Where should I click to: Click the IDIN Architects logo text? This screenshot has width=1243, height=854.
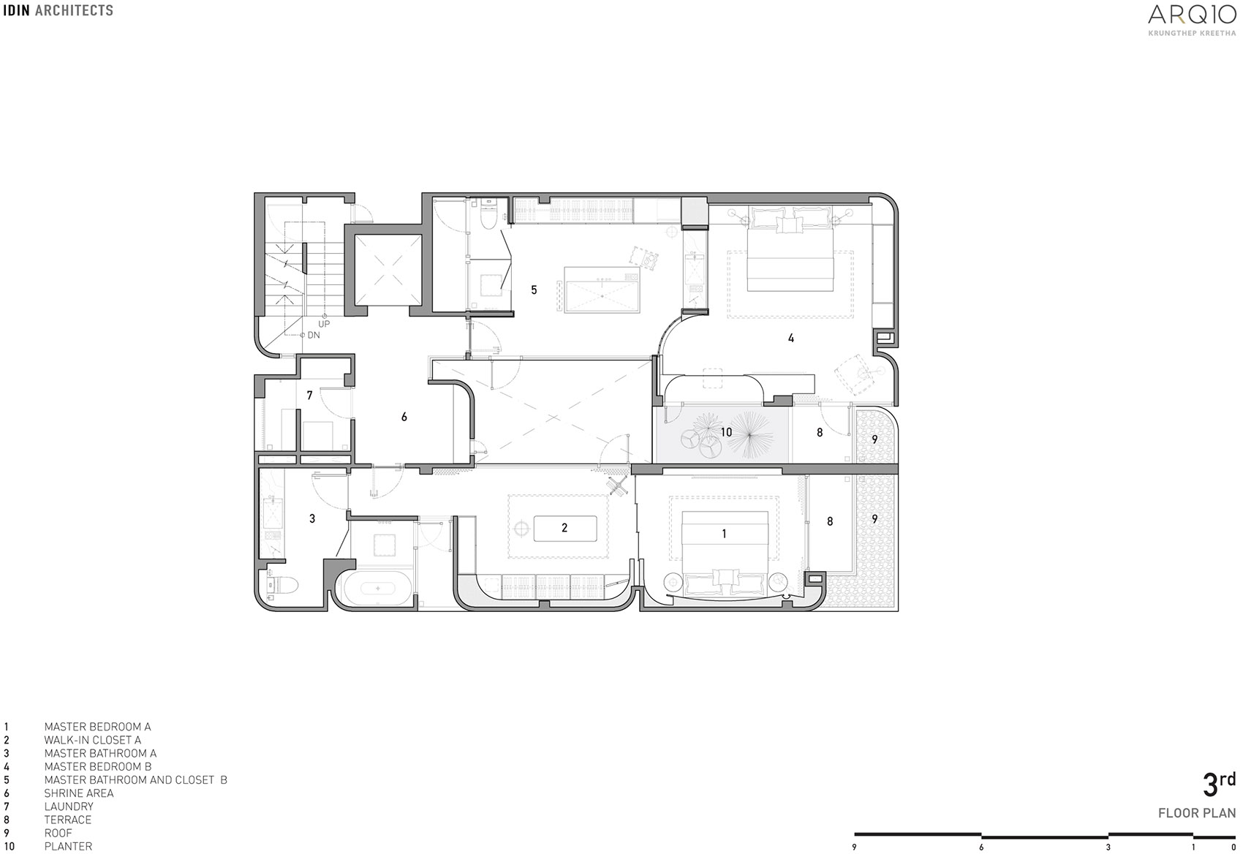pos(58,10)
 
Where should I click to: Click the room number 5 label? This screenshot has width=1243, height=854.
pos(534,290)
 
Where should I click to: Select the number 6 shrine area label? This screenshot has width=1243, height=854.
pos(404,417)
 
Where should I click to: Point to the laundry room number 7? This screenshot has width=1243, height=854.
pos(309,396)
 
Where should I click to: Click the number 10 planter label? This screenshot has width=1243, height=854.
pos(725,432)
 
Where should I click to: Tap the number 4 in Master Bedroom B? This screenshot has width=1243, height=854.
pos(790,339)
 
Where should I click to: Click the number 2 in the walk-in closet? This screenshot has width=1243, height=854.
pos(564,527)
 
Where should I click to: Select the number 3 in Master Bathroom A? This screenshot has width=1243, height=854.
pos(312,518)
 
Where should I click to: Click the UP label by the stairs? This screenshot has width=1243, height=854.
pos(323,324)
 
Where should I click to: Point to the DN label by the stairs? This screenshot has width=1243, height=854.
pos(314,335)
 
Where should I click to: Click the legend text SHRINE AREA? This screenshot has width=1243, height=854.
pos(78,793)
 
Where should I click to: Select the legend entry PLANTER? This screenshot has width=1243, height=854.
pos(68,846)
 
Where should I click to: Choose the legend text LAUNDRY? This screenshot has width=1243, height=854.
pos(69,806)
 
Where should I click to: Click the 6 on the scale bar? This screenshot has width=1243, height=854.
pos(981,847)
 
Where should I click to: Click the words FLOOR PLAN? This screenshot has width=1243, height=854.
pos(1196,813)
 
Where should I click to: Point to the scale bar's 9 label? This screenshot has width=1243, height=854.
pos(854,847)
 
